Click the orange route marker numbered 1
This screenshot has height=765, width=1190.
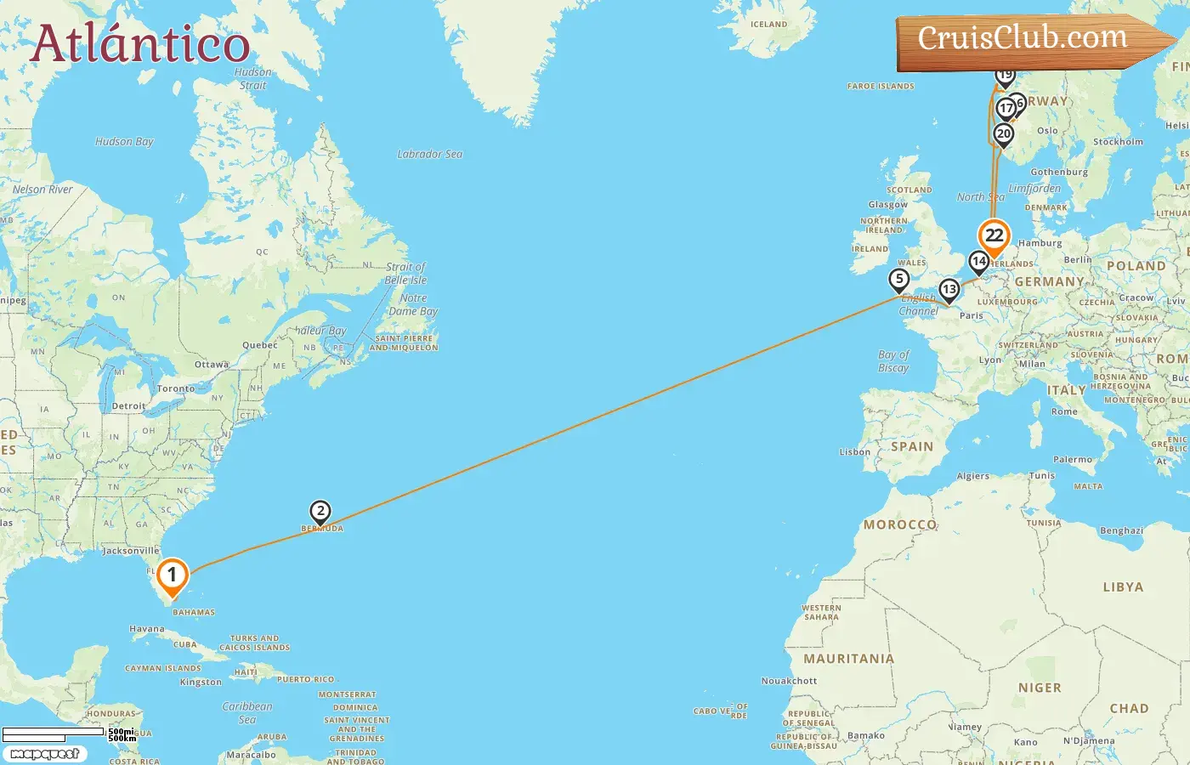click(172, 576)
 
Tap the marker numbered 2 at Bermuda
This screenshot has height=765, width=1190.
click(320, 512)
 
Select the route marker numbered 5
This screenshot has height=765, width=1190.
click(899, 279)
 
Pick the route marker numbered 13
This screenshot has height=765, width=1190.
click(949, 290)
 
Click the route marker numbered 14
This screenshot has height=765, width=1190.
click(979, 262)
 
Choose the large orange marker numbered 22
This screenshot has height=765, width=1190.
click(994, 236)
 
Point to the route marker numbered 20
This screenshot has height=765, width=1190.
click(1004, 134)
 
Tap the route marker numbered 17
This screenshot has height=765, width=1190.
click(1006, 109)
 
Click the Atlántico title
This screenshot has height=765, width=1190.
click(140, 44)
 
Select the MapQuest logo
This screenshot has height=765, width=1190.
click(44, 754)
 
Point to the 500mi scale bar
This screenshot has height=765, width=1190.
click(53, 733)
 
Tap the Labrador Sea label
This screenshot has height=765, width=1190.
click(430, 155)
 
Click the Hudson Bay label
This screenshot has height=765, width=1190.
click(124, 142)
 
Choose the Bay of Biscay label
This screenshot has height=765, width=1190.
click(893, 361)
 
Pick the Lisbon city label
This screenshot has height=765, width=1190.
click(854, 452)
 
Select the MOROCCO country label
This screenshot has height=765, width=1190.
click(899, 525)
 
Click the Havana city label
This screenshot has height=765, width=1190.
click(147, 630)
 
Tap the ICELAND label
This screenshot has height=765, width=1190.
click(768, 25)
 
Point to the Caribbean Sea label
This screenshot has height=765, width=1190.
click(247, 713)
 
